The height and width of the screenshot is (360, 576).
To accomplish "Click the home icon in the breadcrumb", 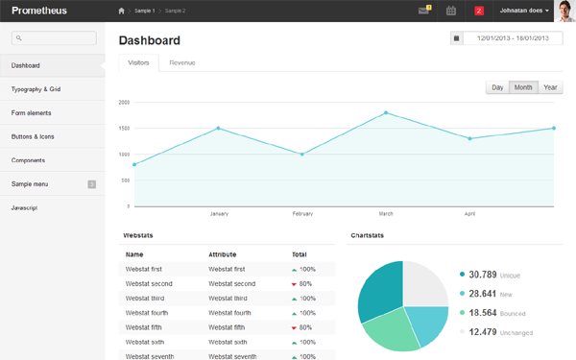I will [x=121, y=11].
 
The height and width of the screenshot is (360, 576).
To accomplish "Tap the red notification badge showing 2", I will [x=479, y=11].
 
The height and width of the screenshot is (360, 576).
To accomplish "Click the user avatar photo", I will [x=564, y=11].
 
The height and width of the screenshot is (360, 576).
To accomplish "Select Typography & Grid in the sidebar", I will [x=36, y=89].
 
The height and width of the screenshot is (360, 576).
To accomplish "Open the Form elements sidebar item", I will [x=31, y=113].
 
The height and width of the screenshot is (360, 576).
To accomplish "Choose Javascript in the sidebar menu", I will [x=25, y=207].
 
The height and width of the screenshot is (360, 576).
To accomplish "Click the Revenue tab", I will [x=182, y=62].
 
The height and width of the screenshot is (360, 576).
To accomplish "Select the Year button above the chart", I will [x=550, y=87].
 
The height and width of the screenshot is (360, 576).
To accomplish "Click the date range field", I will [x=513, y=38].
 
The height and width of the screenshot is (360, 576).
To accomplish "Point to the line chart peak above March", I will [x=386, y=112].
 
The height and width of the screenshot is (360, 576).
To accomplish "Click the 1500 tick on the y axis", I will [x=124, y=128].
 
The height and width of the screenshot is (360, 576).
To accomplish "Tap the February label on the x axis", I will [x=302, y=213].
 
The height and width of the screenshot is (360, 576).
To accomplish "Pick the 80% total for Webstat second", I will [x=304, y=284].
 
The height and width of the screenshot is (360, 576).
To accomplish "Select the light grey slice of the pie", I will [x=425, y=283].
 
